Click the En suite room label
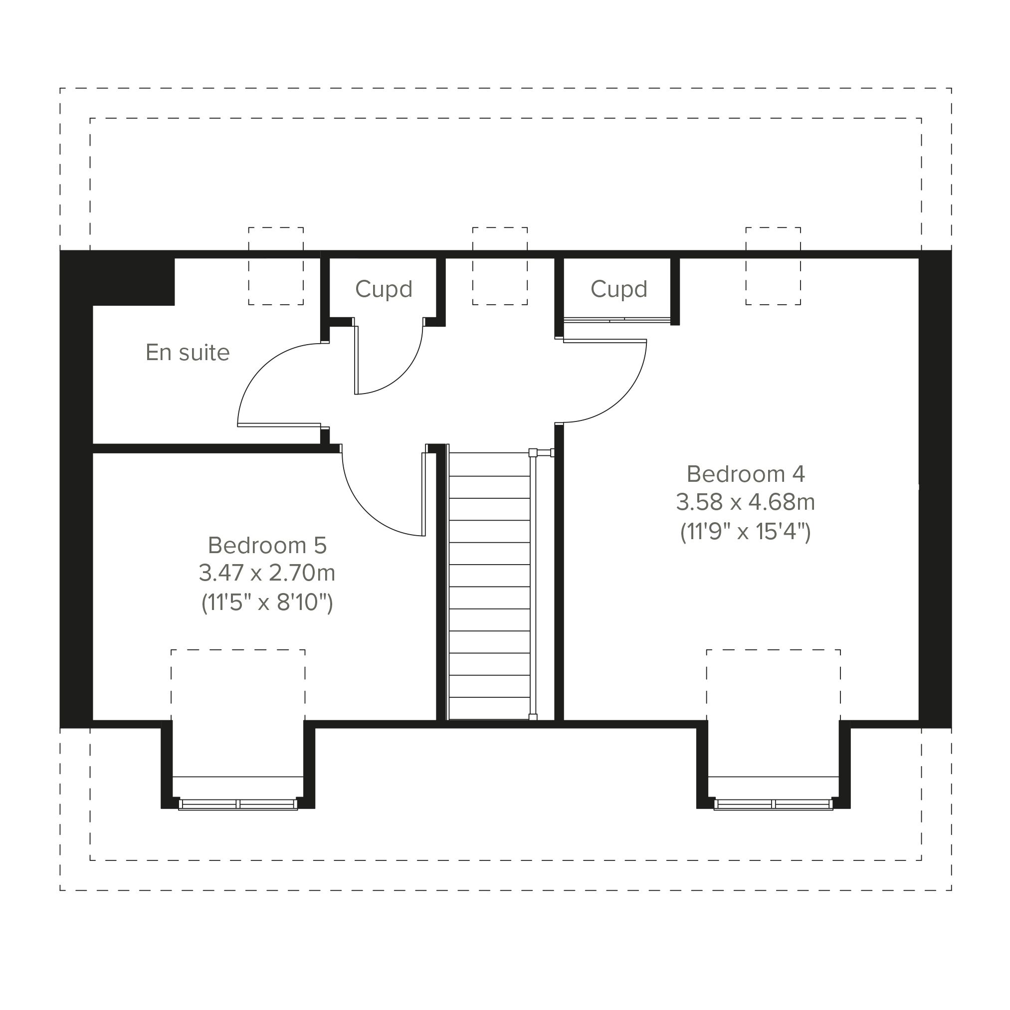pos(188,353)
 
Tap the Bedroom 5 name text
pos(267,545)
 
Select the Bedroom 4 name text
pos(746,474)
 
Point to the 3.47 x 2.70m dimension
pos(267,573)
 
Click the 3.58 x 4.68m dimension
pos(746,502)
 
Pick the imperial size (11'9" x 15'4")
pos(746,532)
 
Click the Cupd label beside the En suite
pos(384,289)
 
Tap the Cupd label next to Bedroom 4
pos(619,289)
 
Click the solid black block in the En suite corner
pos(133,281)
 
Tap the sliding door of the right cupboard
pos(617,320)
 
